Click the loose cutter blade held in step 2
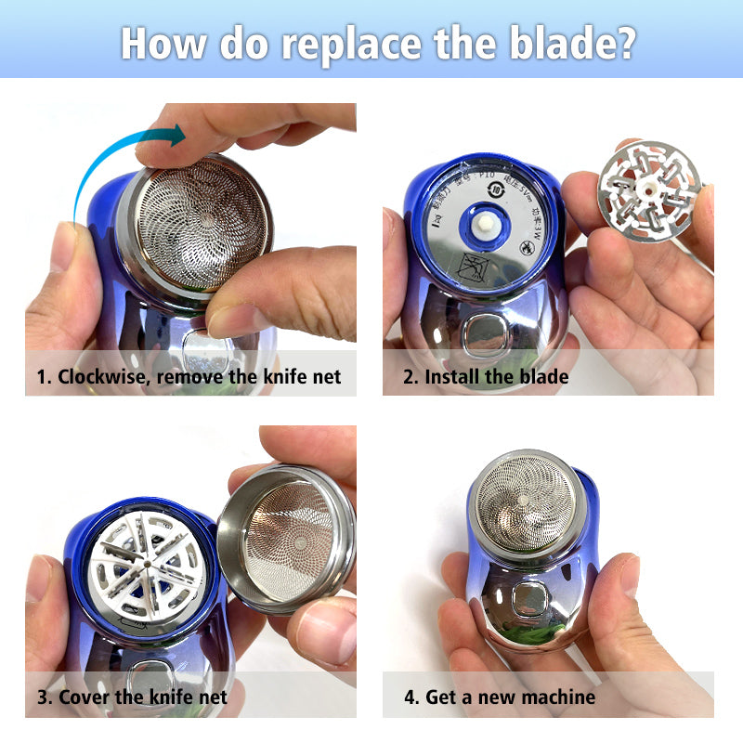coord(647,189)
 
